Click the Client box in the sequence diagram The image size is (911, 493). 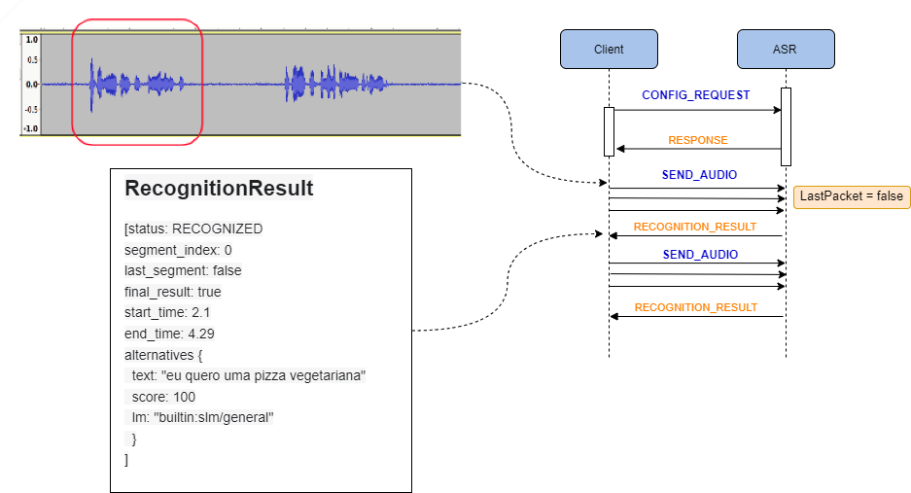(x=609, y=49)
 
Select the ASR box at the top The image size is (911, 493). (x=785, y=49)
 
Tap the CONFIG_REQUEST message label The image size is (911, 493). (x=695, y=95)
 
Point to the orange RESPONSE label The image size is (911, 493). (x=697, y=140)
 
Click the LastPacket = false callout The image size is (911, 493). (x=851, y=196)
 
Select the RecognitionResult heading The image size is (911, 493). (x=219, y=189)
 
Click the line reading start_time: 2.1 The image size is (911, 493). (x=167, y=312)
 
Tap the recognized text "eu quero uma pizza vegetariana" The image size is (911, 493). (x=248, y=375)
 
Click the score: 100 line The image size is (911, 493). (x=163, y=397)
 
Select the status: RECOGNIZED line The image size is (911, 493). (x=193, y=229)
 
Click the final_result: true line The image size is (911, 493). (x=172, y=292)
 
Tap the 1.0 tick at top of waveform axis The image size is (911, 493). (x=31, y=40)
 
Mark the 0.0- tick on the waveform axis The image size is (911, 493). (x=31, y=84)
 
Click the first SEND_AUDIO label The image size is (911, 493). (x=699, y=175)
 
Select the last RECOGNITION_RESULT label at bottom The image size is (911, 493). (x=695, y=307)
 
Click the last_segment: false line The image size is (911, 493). (x=183, y=270)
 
